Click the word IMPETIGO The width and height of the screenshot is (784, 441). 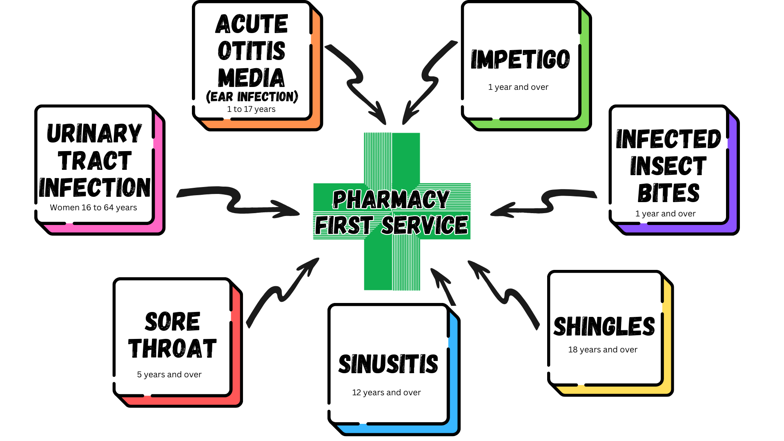pos(520,60)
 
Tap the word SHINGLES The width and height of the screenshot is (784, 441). pos(604,326)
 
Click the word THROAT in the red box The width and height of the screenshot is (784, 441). pos(172,349)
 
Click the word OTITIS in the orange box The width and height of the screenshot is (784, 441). pos(252,51)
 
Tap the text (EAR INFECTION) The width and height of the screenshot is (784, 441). pos(252,96)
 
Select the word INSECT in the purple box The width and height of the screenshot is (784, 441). pos(668,166)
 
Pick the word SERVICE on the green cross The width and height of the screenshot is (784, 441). pos(425,225)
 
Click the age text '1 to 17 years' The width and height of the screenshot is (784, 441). pos(251,109)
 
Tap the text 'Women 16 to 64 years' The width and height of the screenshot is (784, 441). pos(94,207)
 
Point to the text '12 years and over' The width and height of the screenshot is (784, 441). pos(386,392)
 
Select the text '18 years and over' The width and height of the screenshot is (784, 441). pos(603,350)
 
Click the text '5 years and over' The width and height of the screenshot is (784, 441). pos(169,374)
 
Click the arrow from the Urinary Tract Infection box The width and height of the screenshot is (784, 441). pos(237,202)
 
